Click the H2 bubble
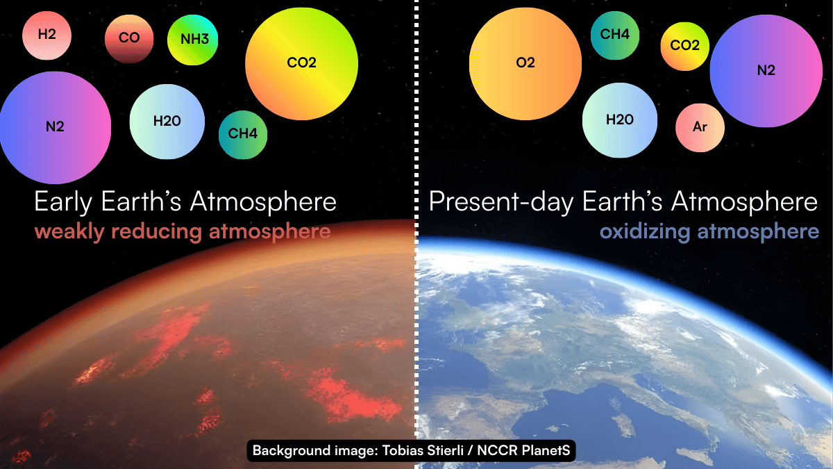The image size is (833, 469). (47, 34)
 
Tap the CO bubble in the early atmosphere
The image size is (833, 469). (129, 38)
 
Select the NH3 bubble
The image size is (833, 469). (194, 39)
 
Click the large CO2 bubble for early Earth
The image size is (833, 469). (301, 63)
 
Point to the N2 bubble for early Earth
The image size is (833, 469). (55, 127)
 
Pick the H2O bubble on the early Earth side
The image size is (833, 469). (167, 122)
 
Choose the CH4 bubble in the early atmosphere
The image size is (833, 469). (243, 133)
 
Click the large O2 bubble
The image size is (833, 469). (525, 63)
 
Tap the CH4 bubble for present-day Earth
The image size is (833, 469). (615, 34)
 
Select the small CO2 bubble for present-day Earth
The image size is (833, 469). (684, 46)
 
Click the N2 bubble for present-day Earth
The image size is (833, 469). (766, 71)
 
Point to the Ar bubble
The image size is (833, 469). (700, 128)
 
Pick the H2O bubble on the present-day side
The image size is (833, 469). (620, 120)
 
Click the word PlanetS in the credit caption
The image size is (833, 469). (545, 451)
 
